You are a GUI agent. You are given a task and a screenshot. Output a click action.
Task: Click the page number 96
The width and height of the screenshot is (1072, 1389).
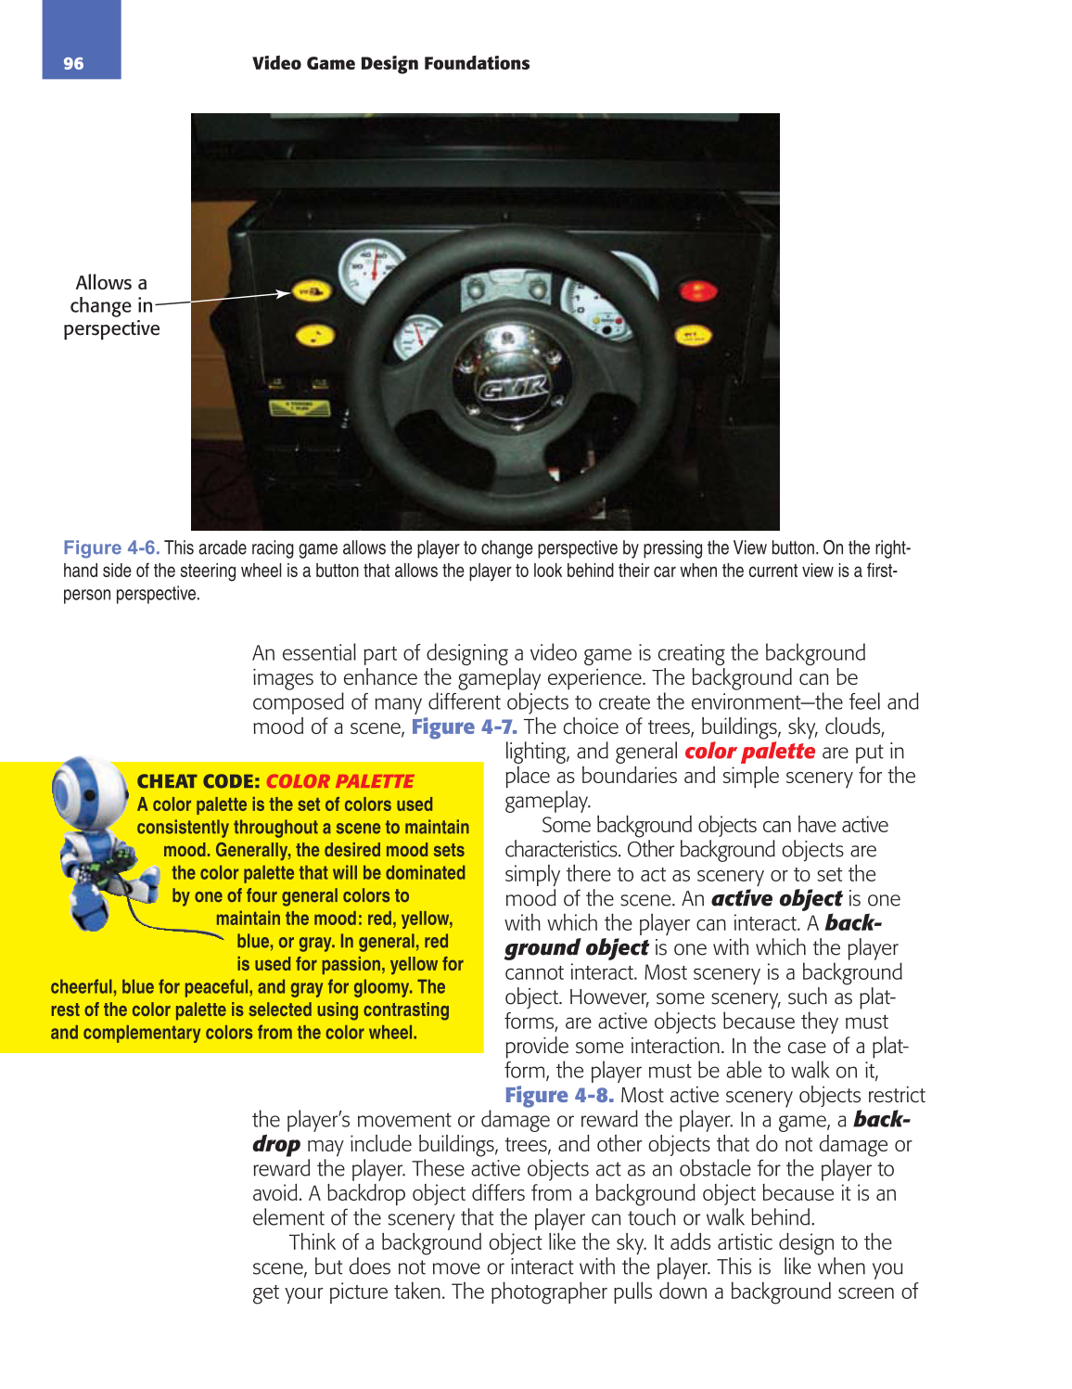click(73, 64)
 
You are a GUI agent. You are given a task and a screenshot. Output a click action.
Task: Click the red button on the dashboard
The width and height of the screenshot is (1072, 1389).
click(697, 291)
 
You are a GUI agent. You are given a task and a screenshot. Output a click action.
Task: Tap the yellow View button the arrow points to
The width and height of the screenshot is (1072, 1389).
click(311, 292)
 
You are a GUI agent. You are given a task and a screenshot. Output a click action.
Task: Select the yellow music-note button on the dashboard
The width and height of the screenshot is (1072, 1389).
click(315, 335)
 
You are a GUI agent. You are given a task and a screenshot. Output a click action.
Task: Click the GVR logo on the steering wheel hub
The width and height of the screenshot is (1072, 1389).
click(513, 387)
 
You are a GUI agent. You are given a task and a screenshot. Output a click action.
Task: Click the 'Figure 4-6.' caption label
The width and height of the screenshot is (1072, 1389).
click(111, 548)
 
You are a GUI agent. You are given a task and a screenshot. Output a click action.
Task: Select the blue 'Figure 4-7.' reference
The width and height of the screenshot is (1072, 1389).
click(464, 727)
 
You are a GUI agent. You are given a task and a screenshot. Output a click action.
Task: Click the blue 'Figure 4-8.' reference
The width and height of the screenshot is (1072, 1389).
click(558, 1096)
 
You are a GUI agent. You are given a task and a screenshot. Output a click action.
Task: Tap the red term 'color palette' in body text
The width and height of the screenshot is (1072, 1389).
click(749, 752)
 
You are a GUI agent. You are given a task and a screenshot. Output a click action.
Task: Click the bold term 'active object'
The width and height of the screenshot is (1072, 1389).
click(776, 899)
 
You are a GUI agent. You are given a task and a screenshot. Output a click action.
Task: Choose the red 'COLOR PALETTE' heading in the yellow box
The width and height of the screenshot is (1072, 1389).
click(339, 781)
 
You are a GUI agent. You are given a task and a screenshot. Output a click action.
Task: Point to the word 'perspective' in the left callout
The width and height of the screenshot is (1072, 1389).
click(111, 329)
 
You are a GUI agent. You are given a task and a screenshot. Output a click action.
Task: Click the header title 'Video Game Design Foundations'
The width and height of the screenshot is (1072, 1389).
click(390, 64)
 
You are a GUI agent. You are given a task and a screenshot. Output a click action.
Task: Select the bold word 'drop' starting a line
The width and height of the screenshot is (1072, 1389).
click(276, 1145)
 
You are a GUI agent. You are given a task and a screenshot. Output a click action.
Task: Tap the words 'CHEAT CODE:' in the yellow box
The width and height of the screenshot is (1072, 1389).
click(198, 781)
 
